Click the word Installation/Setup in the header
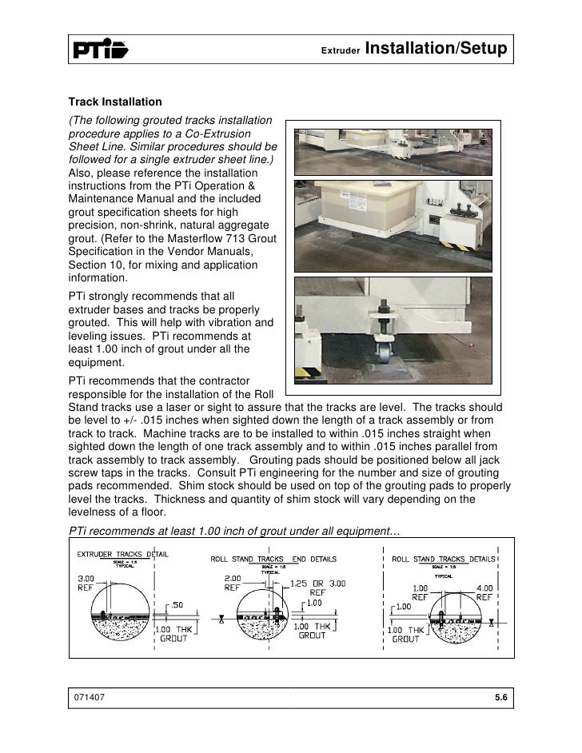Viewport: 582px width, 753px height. (436, 50)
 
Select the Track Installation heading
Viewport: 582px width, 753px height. (115, 102)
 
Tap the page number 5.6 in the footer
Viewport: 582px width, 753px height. (501, 698)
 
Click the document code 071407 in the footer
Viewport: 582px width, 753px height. (90, 698)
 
